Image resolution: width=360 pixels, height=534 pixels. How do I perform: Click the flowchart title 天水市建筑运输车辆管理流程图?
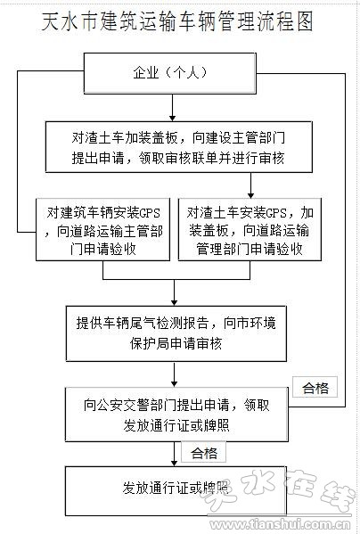177,21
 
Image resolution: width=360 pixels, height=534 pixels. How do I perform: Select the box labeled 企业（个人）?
170,73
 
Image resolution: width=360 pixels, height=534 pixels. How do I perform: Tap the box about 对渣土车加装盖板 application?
179,147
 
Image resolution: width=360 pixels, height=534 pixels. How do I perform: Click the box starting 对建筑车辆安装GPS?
102,229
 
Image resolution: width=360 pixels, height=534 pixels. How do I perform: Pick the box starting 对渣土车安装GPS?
250,229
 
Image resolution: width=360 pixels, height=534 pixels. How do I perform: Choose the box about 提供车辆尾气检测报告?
176,333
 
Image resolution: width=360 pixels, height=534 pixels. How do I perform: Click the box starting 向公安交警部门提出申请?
177,415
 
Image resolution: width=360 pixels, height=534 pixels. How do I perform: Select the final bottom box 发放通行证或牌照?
176,491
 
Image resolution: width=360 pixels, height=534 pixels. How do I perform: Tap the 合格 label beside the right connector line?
315,387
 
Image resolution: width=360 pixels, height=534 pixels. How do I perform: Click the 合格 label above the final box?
204,452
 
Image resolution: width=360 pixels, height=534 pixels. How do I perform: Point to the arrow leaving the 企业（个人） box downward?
173,108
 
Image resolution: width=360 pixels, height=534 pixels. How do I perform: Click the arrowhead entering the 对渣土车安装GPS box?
250,195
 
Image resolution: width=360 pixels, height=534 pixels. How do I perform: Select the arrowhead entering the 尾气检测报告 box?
175,303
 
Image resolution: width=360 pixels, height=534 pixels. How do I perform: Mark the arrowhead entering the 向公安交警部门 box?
175,384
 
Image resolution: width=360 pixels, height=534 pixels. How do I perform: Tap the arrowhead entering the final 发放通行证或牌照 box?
175,464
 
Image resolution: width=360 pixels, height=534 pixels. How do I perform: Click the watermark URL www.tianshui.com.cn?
280,524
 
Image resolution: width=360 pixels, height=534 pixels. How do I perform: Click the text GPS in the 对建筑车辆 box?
150,213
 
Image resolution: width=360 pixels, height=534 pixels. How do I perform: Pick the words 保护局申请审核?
176,343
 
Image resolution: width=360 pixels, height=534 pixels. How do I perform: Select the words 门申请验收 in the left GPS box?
102,249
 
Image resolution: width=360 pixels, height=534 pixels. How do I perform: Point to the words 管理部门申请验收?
250,249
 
